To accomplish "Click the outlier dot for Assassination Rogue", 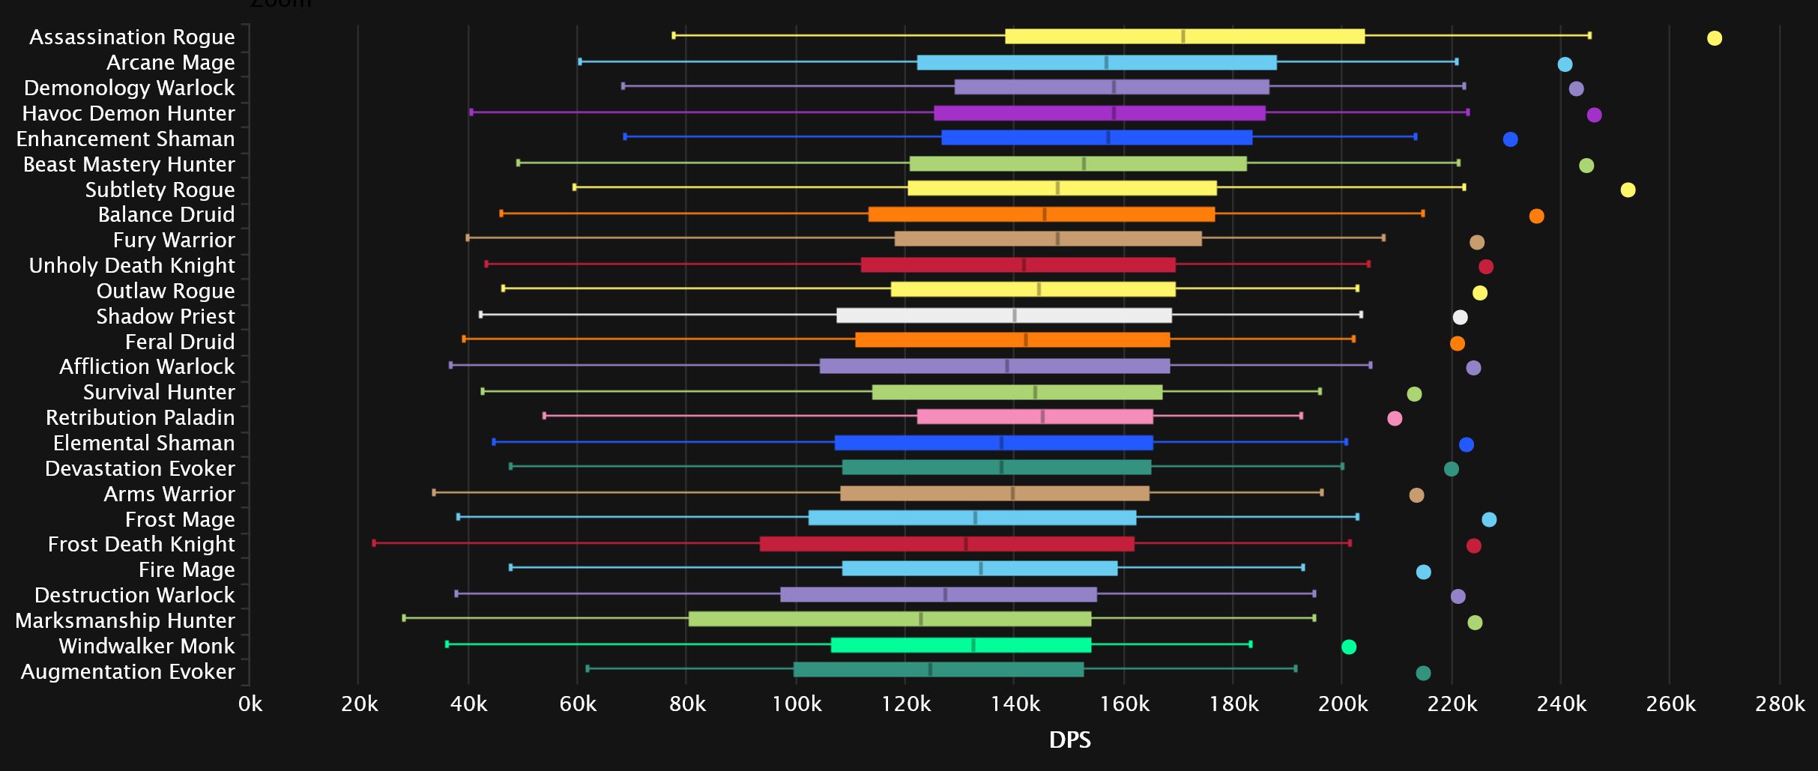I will coord(1714,38).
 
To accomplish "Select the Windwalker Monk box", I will coord(961,645).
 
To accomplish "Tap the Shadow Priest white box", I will coord(1003,315).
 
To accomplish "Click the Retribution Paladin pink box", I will coord(1034,417).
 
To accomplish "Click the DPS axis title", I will coord(1069,740).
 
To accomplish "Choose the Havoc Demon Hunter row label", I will coord(128,113).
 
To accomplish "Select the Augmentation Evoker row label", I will coord(127,671).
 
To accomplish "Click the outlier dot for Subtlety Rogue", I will coord(1628,190).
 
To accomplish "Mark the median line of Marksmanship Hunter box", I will coord(921,619).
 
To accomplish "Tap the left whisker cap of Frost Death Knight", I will coord(374,543).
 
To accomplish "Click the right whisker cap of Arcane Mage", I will coord(1456,62).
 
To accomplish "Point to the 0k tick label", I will coord(250,704).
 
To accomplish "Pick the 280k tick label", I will coord(1779,704).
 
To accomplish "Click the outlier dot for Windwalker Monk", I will coord(1348,647).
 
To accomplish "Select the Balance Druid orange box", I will coord(1041,214).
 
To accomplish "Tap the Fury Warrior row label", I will coord(174,240).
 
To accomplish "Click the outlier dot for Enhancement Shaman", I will coord(1510,139).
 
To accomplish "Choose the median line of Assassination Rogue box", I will coord(1183,36).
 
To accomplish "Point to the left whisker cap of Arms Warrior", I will coord(434,492).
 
